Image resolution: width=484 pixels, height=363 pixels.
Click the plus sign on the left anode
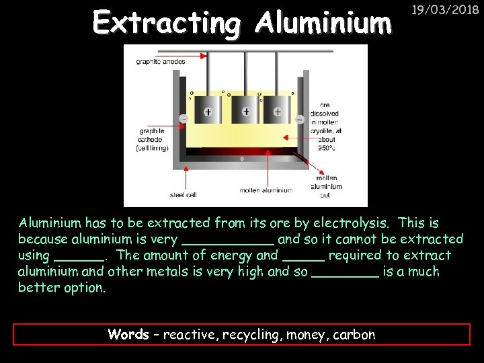tap(208, 112)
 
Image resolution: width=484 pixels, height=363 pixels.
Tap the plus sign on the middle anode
tap(246, 111)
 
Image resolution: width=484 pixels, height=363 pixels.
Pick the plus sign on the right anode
tap(277, 112)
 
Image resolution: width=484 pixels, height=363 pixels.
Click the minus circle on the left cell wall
tap(184, 120)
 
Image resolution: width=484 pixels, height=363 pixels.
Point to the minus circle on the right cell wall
tap(299, 120)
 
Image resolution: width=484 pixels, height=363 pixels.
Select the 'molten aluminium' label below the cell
tap(266, 190)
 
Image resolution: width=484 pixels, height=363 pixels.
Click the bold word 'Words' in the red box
tap(128, 335)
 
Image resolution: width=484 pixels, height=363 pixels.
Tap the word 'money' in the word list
tap(306, 335)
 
